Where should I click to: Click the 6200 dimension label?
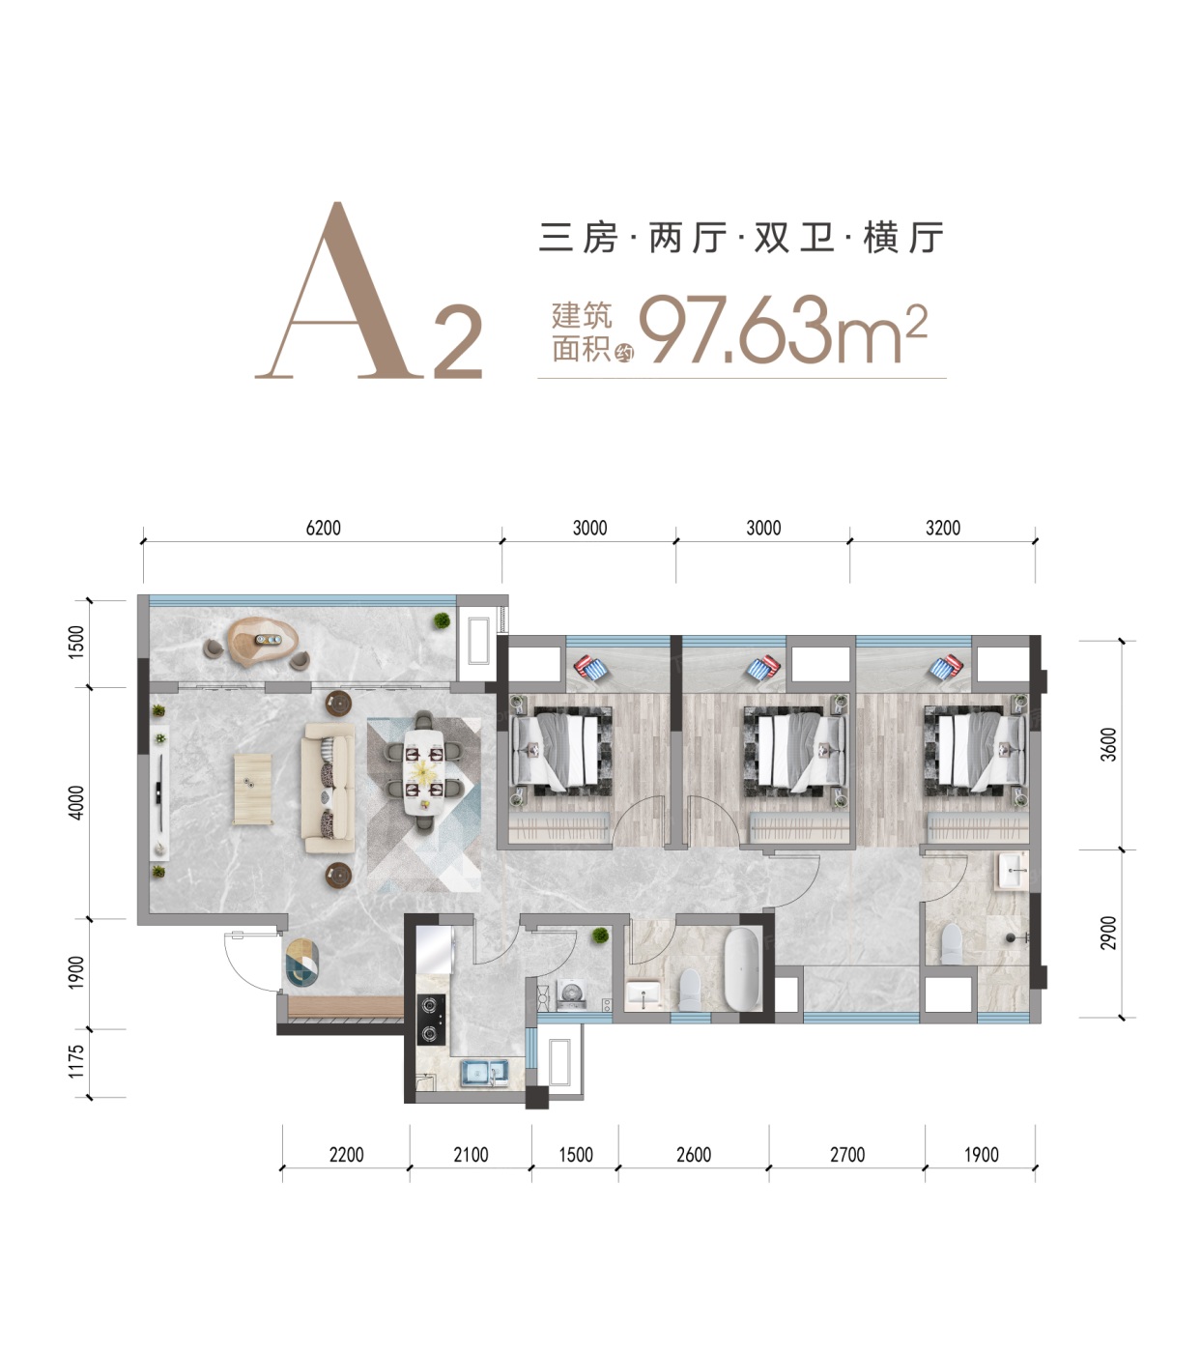coord(323,529)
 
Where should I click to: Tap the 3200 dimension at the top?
coord(943,529)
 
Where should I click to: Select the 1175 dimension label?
coord(76,1061)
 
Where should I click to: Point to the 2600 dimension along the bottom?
coord(694,1155)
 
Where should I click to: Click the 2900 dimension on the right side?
coord(1108,933)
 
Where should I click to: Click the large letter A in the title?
coord(339,291)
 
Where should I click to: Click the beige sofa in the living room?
coord(329,788)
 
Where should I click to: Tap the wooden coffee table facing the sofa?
coord(253,789)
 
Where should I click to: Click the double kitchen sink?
coord(484,1073)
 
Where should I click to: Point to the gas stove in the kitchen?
coord(431,1020)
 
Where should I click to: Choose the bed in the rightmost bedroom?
coord(976,751)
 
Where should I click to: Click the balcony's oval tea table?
coord(263,641)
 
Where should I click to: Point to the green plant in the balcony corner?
coord(442,620)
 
